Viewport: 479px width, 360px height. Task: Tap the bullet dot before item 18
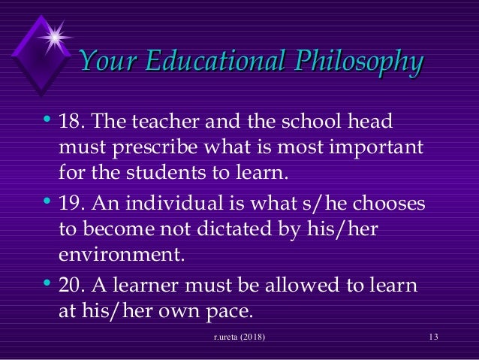pyautogui.click(x=47, y=120)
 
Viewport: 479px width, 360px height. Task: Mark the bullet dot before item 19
pyautogui.click(x=47, y=202)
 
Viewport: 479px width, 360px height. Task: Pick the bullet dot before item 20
pyautogui.click(x=47, y=285)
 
